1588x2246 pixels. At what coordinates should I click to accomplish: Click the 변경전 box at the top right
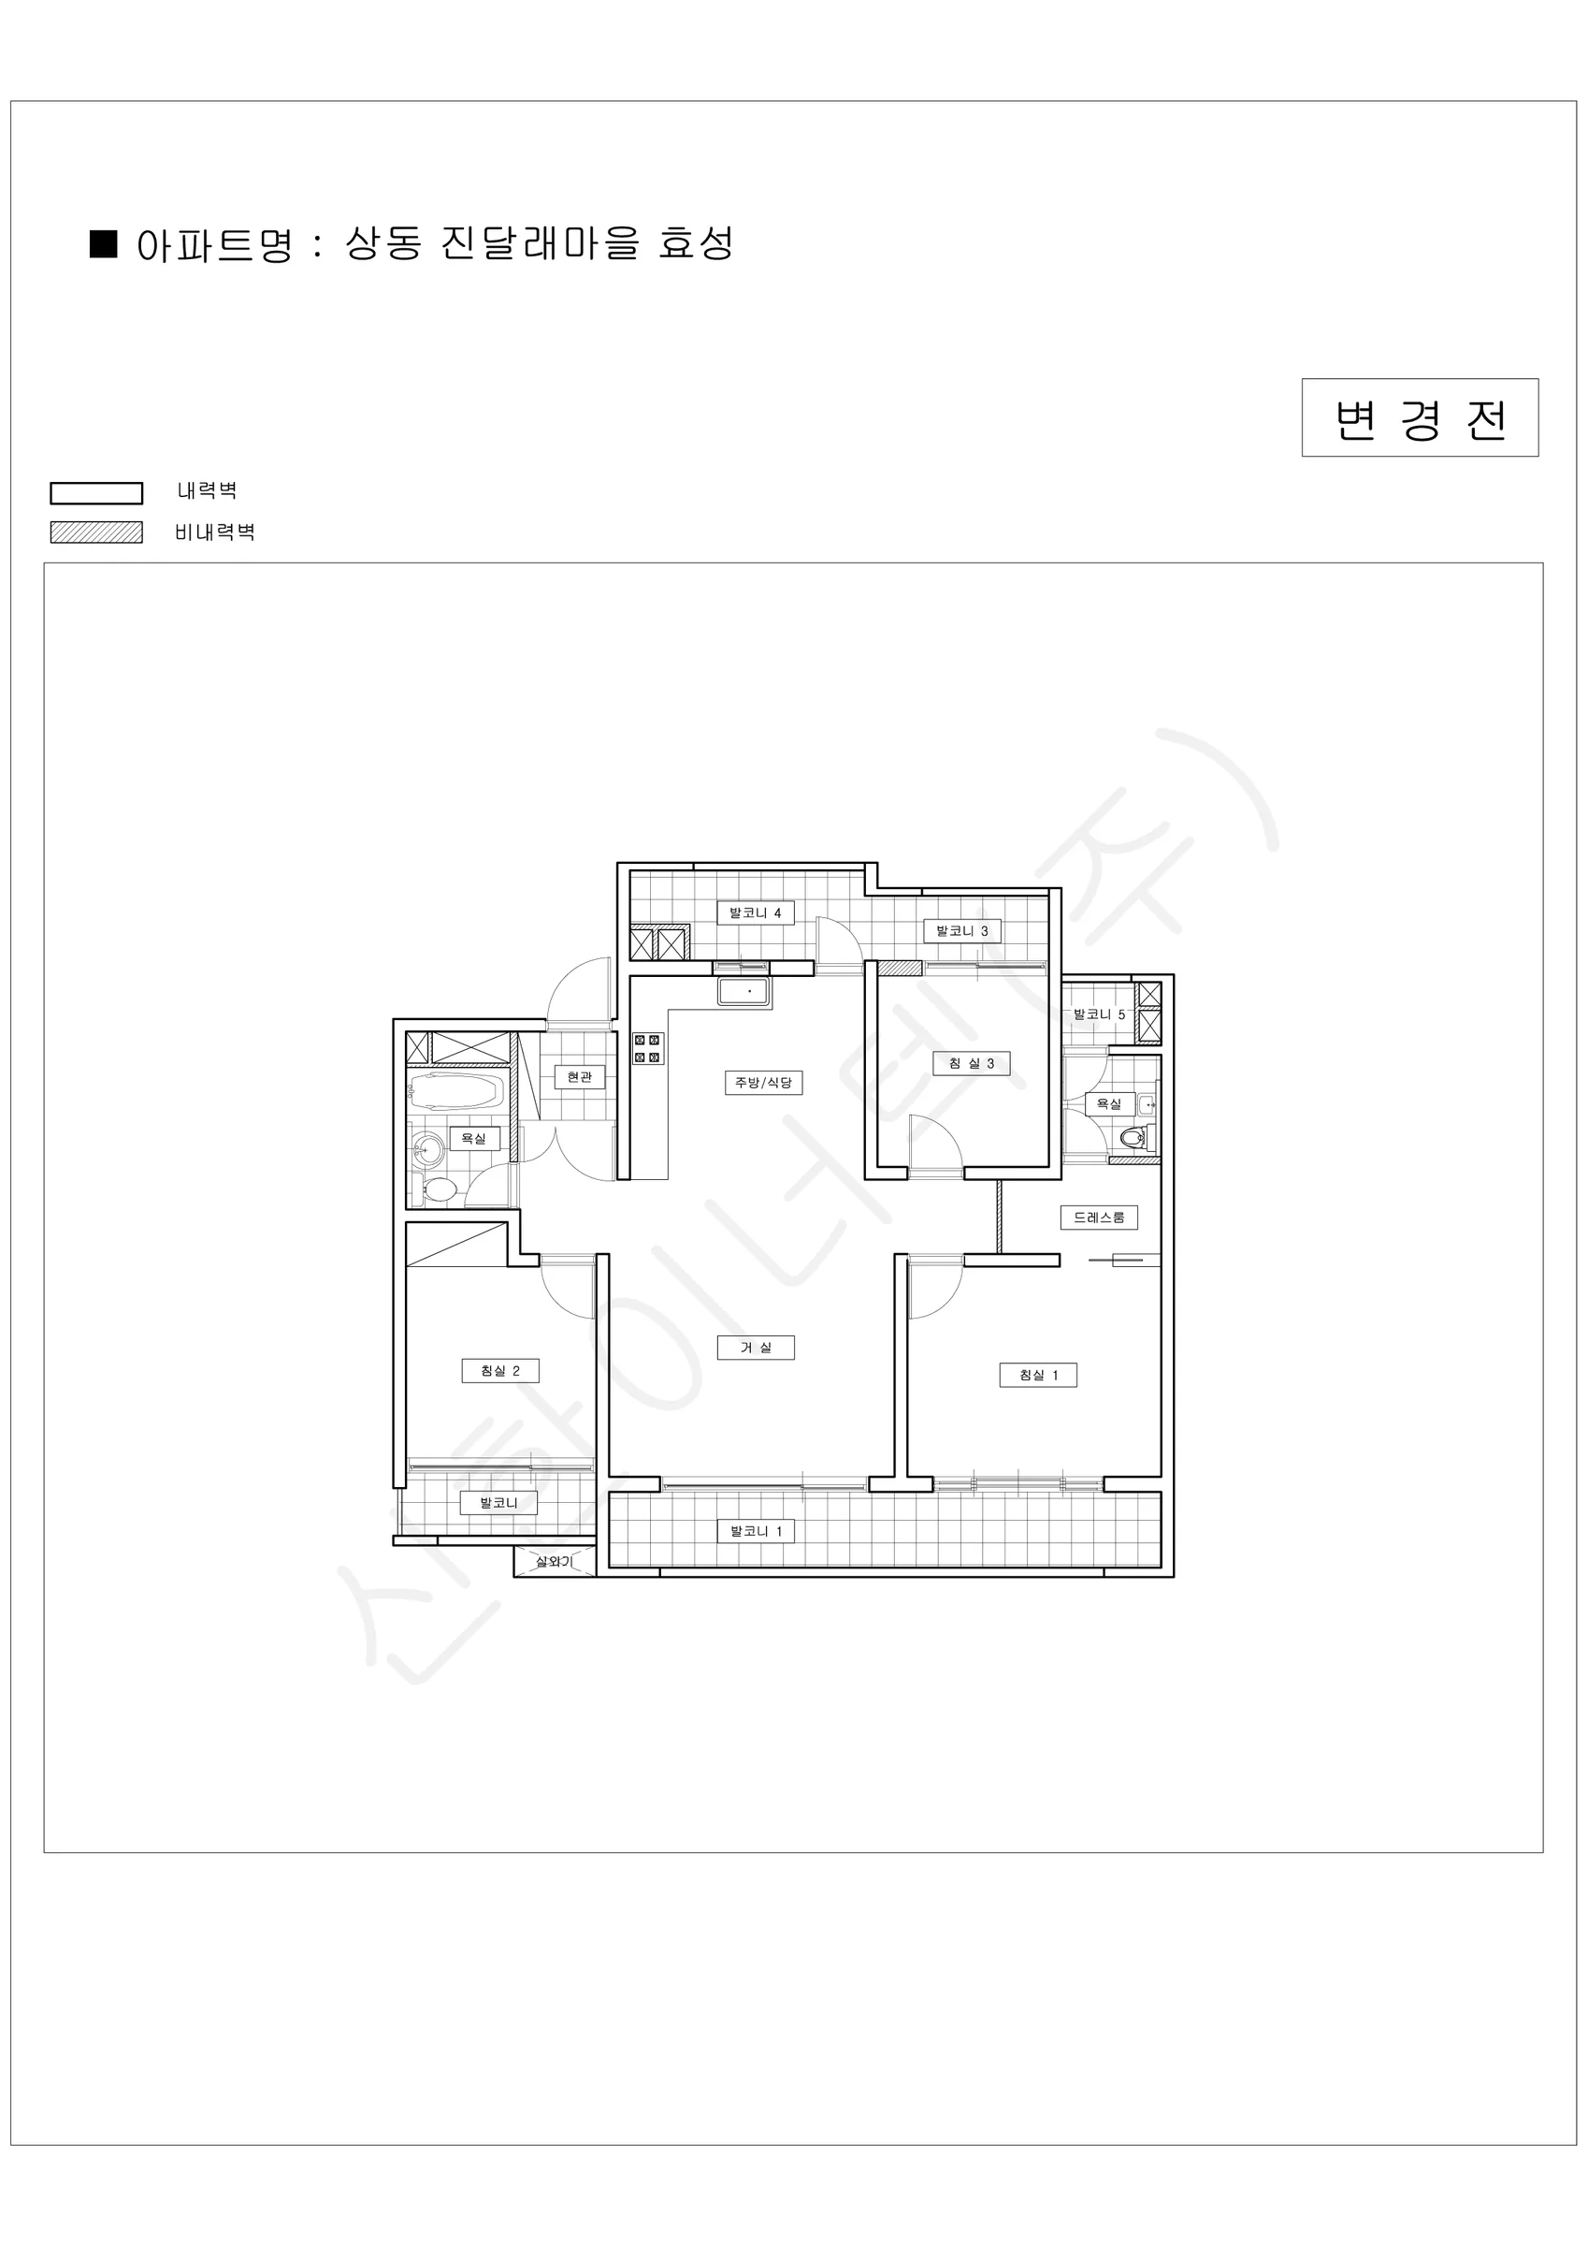1420,417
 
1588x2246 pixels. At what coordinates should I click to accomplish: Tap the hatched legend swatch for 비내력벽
97,532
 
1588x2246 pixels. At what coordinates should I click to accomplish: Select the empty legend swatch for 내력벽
97,492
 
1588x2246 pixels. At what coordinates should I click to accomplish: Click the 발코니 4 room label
755,912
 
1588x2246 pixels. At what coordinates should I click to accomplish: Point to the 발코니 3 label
962,930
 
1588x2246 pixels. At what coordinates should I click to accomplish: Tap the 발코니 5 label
1099,1014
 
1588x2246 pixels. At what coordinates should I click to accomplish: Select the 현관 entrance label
580,1077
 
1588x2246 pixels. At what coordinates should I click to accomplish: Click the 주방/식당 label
764,1083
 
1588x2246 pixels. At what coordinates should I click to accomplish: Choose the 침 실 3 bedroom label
971,1063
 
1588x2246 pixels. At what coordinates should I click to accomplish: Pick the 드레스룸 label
1099,1218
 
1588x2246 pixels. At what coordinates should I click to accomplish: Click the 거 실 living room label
755,1348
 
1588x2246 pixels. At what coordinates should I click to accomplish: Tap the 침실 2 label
499,1370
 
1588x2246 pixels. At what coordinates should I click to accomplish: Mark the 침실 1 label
1038,1376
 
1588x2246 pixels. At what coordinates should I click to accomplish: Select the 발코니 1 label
755,1531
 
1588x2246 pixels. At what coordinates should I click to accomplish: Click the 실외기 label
554,1562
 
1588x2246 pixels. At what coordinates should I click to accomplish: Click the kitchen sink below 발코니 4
744,992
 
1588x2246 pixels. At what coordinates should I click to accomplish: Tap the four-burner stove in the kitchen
647,1049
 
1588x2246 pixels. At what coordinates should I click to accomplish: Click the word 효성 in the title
696,243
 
